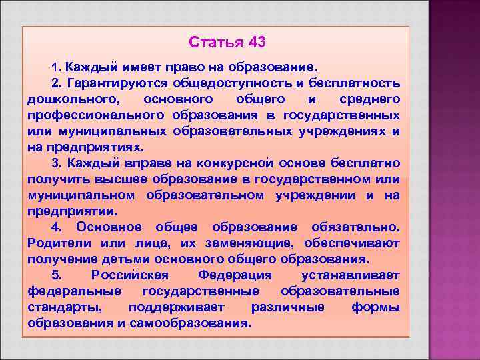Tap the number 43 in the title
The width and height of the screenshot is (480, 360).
[257, 43]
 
